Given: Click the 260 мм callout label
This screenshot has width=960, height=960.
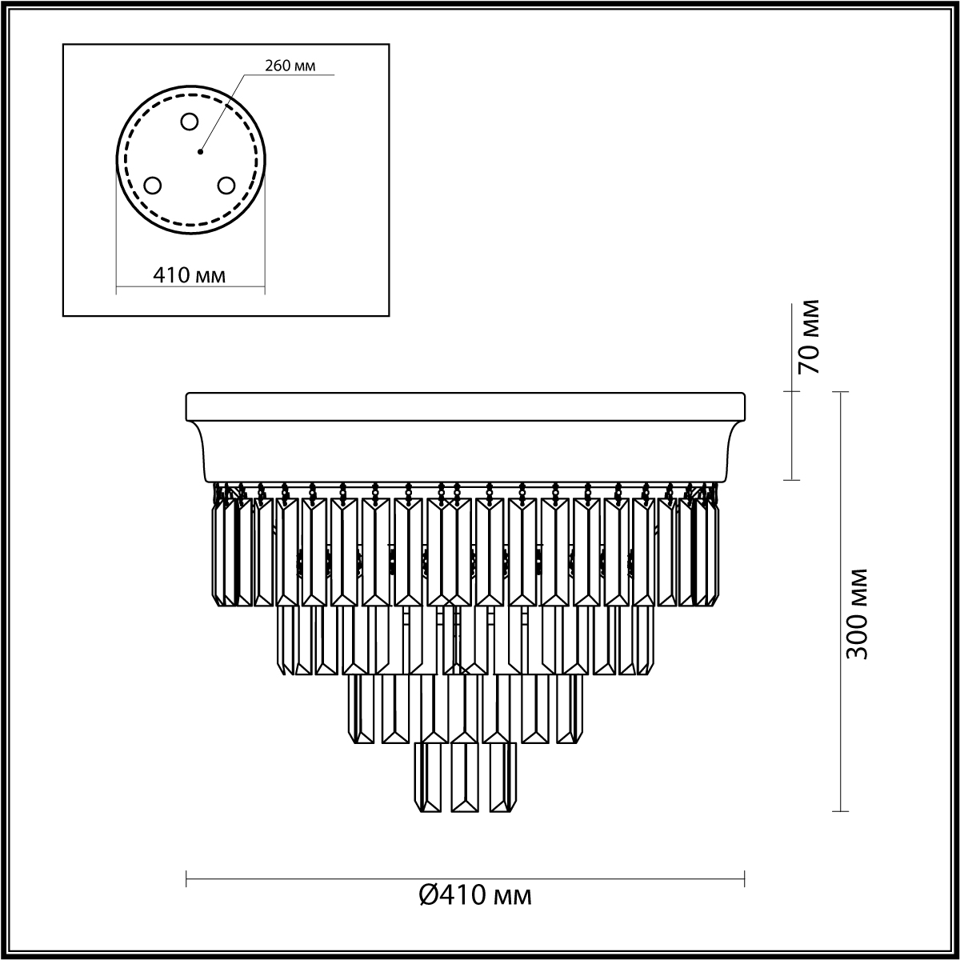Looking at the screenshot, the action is [x=290, y=66].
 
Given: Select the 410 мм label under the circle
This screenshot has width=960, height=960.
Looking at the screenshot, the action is [x=190, y=274].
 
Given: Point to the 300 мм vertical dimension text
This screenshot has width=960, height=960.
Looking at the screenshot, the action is [x=857, y=614].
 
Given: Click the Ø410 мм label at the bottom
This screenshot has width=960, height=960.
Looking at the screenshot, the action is [x=475, y=909].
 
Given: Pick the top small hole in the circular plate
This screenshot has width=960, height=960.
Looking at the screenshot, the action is [x=190, y=122].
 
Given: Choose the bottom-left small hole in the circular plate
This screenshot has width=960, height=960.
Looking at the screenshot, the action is [x=153, y=186].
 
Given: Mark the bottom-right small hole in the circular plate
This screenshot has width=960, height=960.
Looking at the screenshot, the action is [x=226, y=186].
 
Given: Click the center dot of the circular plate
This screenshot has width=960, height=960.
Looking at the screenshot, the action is [x=200, y=151].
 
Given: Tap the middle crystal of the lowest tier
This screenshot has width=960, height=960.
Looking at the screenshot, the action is [x=465, y=784].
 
